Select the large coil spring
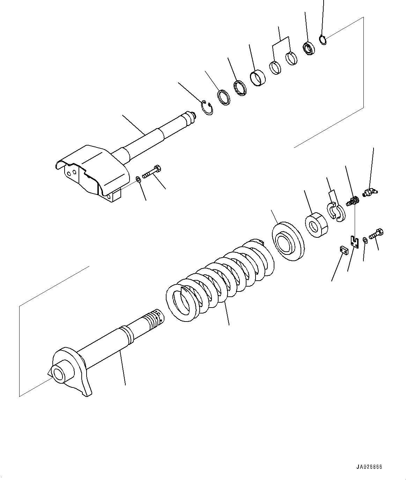220,279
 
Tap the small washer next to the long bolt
139,179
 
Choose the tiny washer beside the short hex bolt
365,239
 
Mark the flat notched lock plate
355,242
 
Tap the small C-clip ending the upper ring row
323,40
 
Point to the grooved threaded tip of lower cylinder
152,317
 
